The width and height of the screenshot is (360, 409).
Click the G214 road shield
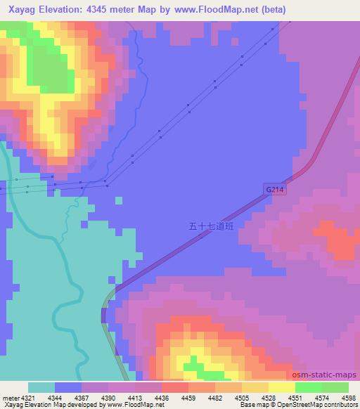click(277, 190)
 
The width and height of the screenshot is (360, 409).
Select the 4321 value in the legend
click(22, 397)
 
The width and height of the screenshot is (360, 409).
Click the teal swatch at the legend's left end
click(41, 387)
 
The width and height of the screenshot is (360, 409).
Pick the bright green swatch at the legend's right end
click(335, 387)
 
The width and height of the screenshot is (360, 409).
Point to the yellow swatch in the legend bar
click(281, 387)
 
